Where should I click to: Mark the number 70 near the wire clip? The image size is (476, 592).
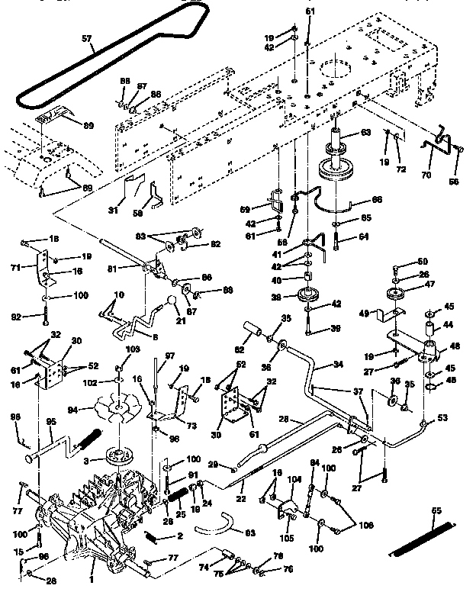(x=426, y=175)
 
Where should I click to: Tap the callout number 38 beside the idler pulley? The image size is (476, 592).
(x=296, y=298)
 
